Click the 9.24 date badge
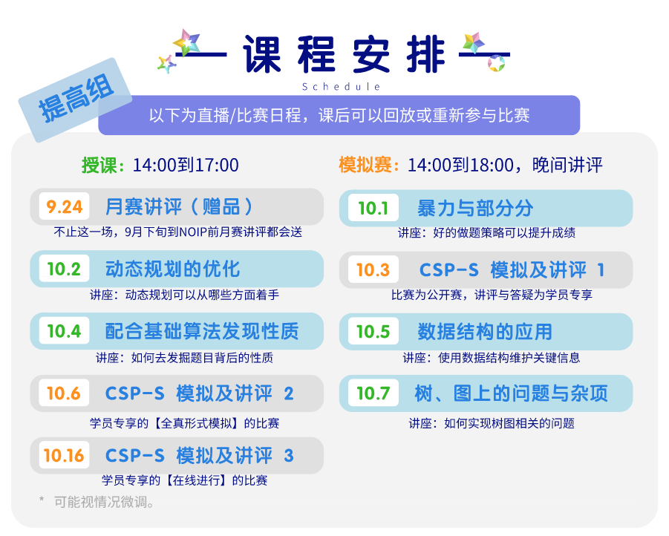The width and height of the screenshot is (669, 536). [x=64, y=206]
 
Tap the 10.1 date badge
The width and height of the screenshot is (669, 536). [x=373, y=208]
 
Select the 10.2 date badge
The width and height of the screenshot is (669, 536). [x=64, y=269]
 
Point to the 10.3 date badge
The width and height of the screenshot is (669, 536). [x=373, y=269]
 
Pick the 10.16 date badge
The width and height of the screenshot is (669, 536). [x=64, y=455]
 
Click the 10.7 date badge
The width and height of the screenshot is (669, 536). [x=373, y=393]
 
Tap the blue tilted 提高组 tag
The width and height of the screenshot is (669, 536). [x=76, y=100]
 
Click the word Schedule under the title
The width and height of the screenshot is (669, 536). [x=341, y=87]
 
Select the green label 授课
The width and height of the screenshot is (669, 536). [x=99, y=165]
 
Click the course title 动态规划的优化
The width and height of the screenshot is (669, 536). [x=173, y=269]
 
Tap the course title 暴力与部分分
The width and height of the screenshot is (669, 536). [x=475, y=209]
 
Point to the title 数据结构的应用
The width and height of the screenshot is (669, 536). [x=485, y=332]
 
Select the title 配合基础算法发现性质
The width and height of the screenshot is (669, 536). [x=202, y=331]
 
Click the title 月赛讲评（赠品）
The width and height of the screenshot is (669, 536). [x=179, y=207]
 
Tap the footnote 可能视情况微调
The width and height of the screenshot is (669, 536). [x=104, y=502]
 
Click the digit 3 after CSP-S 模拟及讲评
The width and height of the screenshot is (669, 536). [x=289, y=456]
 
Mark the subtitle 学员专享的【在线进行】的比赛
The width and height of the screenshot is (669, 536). [x=185, y=480]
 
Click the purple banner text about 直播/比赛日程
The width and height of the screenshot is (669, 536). [x=339, y=115]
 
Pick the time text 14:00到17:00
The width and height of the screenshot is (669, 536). [x=186, y=165]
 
